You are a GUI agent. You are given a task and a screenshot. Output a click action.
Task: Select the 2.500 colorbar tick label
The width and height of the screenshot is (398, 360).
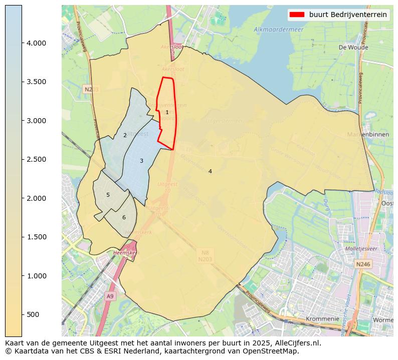[36, 159]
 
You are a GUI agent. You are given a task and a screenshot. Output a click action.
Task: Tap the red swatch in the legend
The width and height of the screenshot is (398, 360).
[297, 15]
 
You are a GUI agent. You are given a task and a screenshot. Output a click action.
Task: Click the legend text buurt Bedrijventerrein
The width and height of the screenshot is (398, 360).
[347, 15]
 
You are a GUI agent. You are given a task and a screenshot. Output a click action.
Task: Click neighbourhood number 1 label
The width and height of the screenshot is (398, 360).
[167, 112]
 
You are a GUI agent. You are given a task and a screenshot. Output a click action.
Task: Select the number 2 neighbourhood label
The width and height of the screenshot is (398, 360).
[125, 135]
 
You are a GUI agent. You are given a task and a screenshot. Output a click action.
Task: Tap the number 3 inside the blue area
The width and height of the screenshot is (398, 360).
[141, 161]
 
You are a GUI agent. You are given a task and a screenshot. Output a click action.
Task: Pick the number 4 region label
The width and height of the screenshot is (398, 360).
[210, 171]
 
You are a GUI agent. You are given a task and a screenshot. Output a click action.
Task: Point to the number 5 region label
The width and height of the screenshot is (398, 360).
[108, 195]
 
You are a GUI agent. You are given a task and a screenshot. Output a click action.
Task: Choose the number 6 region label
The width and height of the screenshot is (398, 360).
[124, 217]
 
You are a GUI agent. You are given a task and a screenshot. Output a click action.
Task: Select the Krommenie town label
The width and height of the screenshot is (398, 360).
[322, 318]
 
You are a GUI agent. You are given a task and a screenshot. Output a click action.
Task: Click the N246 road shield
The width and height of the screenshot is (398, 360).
[363, 264]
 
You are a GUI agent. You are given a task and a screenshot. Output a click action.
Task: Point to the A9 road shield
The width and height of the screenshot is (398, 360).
[110, 296]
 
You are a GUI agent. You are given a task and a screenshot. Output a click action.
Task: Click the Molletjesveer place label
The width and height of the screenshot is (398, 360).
[361, 248]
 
